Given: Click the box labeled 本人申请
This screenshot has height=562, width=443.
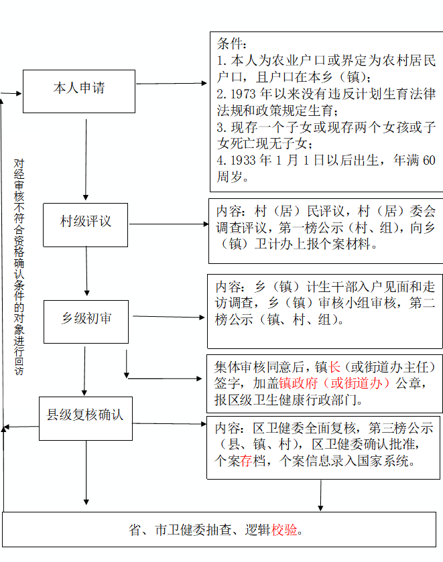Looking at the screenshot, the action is [x=79, y=91].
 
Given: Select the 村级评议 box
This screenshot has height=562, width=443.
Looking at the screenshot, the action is [x=85, y=224].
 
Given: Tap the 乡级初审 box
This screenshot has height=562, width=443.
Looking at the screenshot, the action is [x=86, y=322].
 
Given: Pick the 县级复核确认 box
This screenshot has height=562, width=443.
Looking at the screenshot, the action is [x=86, y=418].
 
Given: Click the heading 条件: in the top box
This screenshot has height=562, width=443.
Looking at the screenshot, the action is [x=231, y=44].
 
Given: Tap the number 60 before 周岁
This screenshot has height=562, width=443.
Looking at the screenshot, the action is [x=429, y=160].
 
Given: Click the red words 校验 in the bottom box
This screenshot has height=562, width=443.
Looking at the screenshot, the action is [x=284, y=529].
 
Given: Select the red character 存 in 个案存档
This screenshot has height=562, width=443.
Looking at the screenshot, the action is [x=246, y=461].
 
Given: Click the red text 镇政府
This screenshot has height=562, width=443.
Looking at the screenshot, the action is [x=298, y=383].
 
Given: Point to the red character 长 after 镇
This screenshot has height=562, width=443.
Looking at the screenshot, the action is [x=334, y=367].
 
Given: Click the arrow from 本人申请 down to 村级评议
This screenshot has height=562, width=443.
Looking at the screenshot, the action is [x=86, y=159].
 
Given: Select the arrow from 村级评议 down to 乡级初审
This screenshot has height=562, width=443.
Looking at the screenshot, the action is [x=86, y=271].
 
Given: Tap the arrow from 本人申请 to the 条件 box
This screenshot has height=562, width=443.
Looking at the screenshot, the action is [x=172, y=84].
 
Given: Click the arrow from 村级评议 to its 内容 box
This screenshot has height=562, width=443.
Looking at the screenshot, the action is [x=169, y=224].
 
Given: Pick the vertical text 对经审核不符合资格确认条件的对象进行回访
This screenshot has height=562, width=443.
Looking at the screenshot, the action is [x=19, y=267].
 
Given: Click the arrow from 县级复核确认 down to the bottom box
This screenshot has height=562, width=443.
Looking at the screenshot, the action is [x=86, y=472].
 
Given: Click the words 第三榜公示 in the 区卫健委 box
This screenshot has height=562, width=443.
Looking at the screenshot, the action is [x=401, y=428].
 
